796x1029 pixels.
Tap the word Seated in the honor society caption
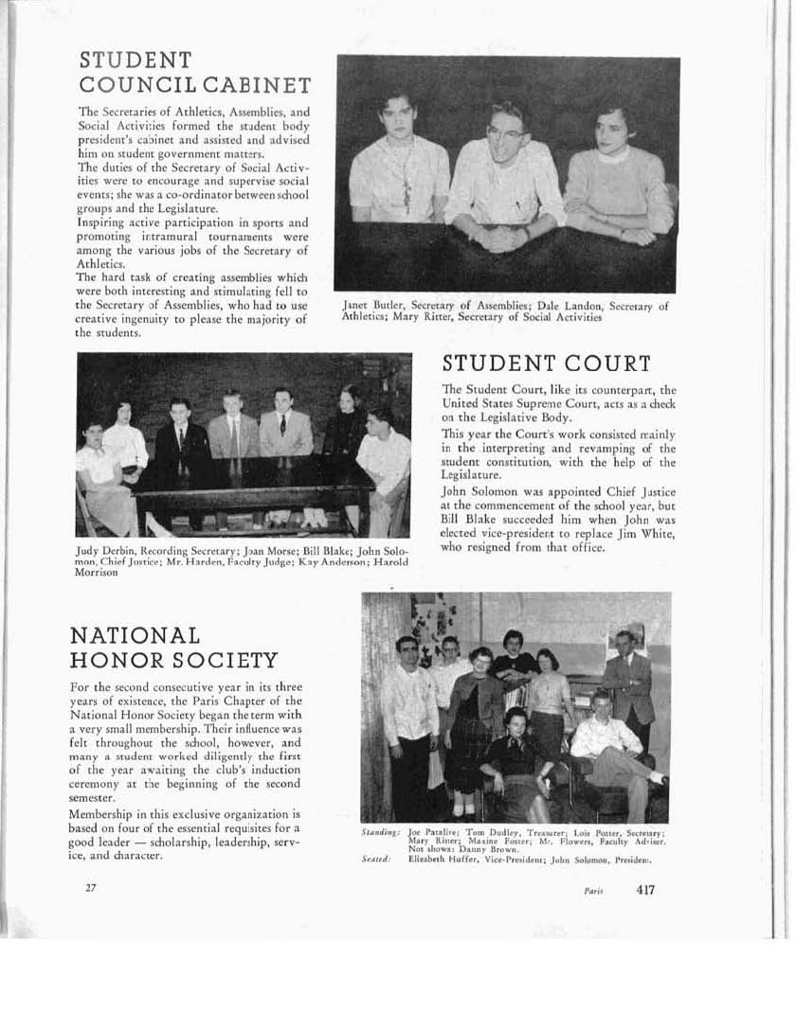376,859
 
